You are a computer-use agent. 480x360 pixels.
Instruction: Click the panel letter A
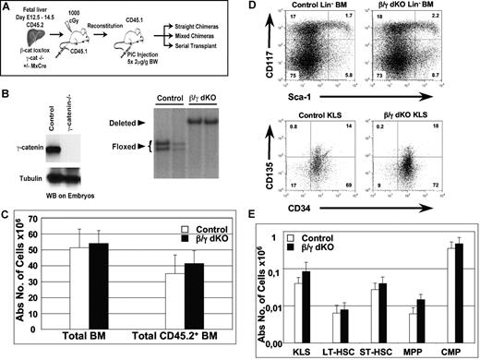click(7, 8)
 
